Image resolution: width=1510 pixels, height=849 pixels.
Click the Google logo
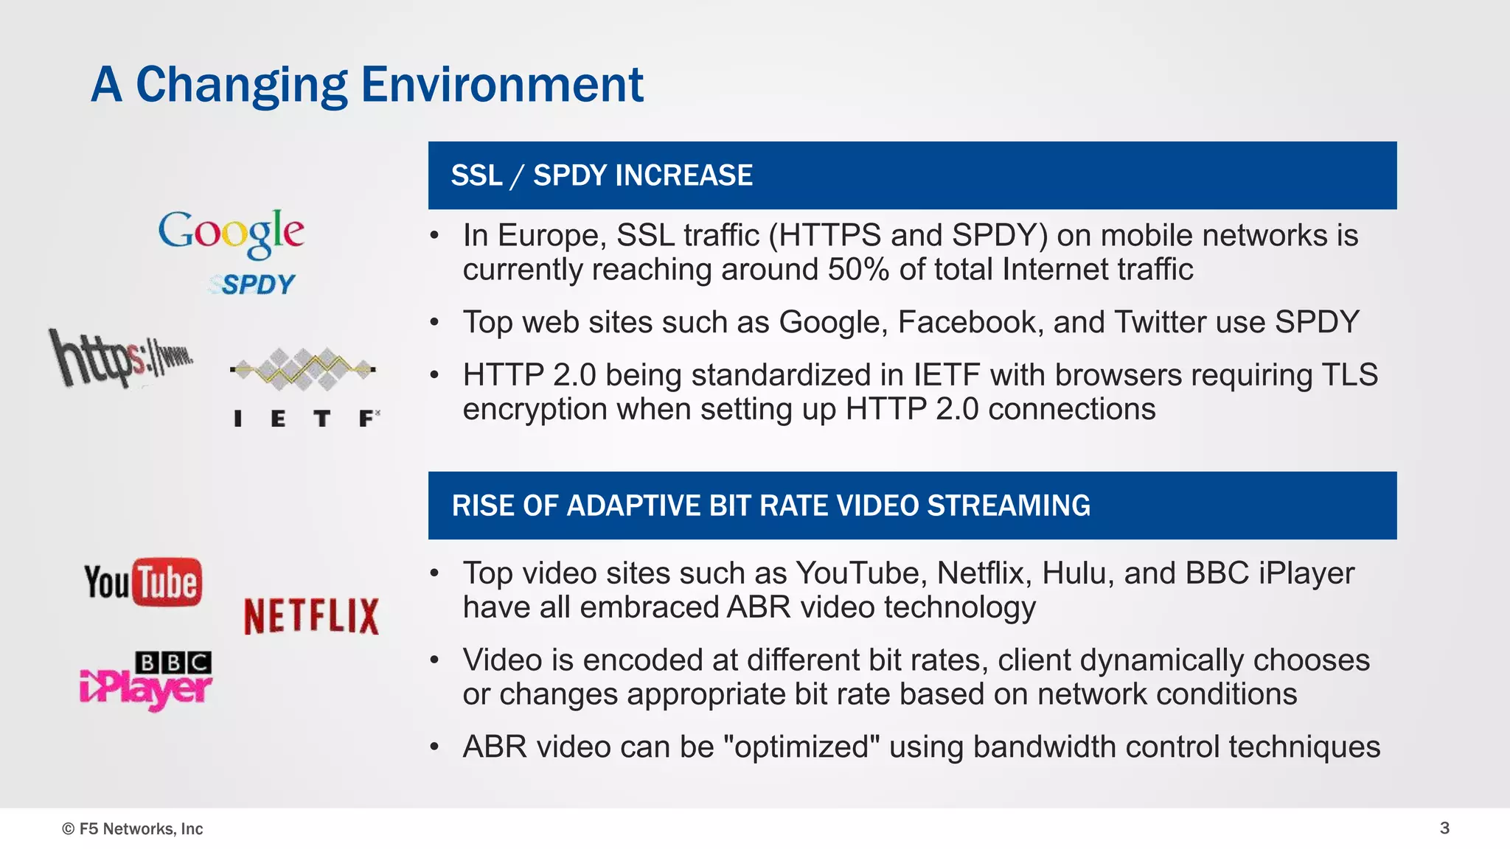click(x=231, y=233)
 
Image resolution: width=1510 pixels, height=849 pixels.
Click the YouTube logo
click(x=143, y=582)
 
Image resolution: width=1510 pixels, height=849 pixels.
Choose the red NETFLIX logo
click(x=311, y=616)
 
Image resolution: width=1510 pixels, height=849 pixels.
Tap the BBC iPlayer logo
click(x=146, y=681)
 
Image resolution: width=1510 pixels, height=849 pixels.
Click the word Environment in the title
click(x=502, y=85)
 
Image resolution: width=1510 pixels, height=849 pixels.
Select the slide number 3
click(x=1444, y=828)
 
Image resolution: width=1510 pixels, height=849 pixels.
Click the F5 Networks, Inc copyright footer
click(x=133, y=828)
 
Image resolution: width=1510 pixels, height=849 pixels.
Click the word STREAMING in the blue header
click(x=1008, y=506)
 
